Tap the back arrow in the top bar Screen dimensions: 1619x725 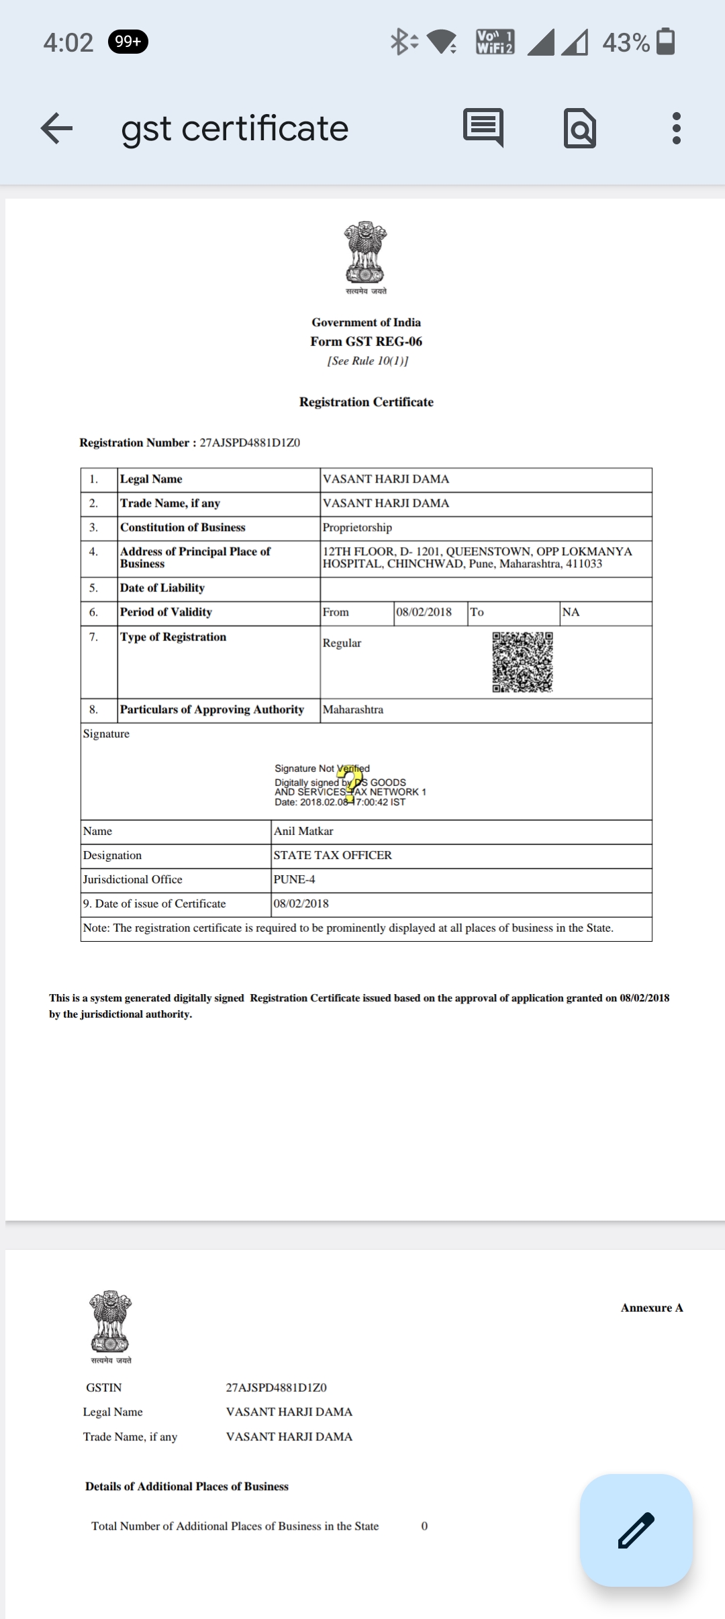56,128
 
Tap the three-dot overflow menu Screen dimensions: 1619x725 676,128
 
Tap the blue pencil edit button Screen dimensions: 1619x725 636,1530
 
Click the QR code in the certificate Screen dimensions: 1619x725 522,662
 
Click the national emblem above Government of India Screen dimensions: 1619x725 366,254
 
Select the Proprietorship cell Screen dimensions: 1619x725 357,528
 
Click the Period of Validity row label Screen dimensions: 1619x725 166,612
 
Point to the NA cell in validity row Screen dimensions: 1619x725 571,612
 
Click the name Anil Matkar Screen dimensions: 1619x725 303,831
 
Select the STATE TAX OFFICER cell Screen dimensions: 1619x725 332,855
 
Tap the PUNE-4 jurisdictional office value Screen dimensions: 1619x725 294,879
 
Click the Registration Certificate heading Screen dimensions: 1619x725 366,402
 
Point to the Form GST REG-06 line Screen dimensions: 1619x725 366,342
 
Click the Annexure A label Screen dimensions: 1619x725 651,1308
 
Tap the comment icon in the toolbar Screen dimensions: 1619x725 483,127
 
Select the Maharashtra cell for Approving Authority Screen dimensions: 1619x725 353,709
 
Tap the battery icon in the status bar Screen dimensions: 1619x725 665,42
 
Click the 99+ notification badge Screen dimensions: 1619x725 128,42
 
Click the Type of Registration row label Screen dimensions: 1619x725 173,637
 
